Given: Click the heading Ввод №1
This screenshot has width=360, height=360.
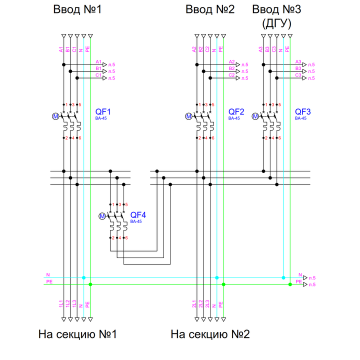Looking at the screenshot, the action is pyautogui.click(x=77, y=9).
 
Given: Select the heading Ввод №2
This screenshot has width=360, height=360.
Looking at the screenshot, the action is pyautogui.click(x=210, y=9).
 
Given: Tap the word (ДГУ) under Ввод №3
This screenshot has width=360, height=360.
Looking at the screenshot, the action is pyautogui.click(x=276, y=23).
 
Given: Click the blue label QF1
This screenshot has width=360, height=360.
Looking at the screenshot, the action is pyautogui.click(x=103, y=112).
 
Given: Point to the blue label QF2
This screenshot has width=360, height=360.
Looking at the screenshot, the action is pyautogui.click(x=236, y=112).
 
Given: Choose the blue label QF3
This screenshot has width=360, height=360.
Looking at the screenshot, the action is pyautogui.click(x=302, y=112).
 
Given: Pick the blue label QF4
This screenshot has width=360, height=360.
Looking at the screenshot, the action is pyautogui.click(x=138, y=215).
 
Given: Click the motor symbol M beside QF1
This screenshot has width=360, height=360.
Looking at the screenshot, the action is pyautogui.click(x=55, y=116).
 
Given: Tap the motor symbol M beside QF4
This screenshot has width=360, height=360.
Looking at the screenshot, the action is pyautogui.click(x=102, y=216).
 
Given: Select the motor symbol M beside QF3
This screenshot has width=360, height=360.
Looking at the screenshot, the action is pyautogui.click(x=255, y=116).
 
